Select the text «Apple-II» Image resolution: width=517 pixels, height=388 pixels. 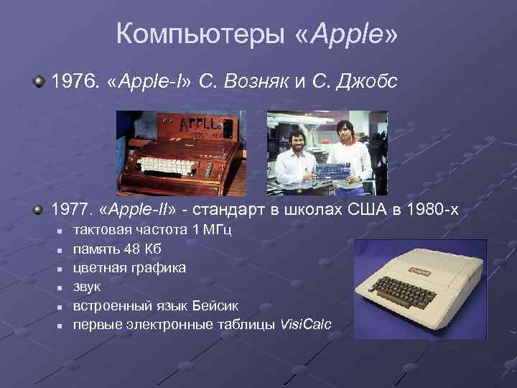point(145,210)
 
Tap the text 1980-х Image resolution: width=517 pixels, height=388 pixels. point(434,210)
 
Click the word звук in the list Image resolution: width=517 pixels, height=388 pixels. point(88,287)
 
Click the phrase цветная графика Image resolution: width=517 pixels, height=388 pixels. point(129,268)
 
